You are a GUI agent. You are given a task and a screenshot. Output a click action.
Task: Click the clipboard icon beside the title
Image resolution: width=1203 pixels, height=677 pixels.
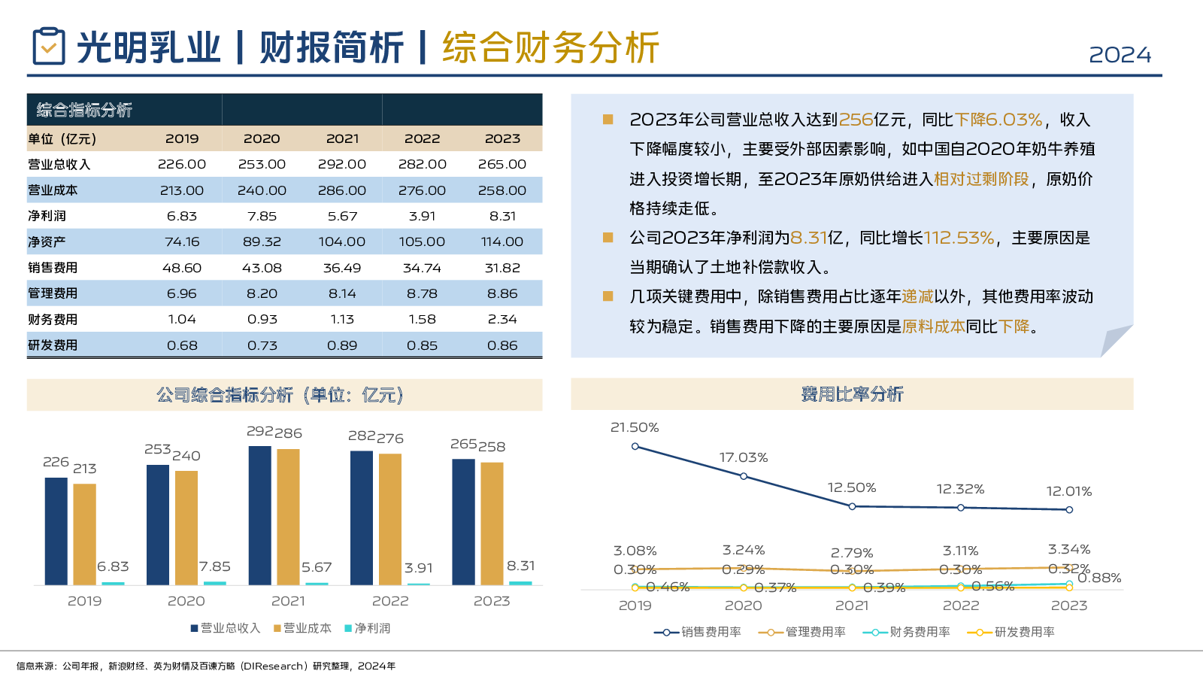49,47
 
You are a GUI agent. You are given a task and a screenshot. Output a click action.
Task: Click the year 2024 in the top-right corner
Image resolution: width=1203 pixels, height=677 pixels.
1120,55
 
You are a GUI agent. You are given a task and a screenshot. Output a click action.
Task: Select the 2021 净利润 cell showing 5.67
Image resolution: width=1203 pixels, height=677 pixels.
342,216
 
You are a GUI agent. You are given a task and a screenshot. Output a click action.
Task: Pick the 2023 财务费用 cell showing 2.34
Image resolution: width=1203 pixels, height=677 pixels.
502,319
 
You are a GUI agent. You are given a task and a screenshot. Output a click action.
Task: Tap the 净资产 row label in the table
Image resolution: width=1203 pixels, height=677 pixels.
47,241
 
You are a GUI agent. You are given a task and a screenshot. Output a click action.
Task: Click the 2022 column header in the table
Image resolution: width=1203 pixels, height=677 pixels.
422,138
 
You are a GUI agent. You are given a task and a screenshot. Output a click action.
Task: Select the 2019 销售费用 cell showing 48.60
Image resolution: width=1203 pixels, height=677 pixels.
182,268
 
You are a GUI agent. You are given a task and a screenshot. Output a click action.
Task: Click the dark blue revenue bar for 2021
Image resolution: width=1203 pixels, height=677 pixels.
260,515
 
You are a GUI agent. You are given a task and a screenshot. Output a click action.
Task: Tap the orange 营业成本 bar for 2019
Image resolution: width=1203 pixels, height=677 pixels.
85,534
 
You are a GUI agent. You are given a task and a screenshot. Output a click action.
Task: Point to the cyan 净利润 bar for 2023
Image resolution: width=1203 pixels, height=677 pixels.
520,583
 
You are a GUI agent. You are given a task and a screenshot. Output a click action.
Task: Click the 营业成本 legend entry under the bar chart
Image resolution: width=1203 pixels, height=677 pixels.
302,628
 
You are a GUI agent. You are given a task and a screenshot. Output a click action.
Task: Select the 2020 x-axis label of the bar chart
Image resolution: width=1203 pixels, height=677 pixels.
186,601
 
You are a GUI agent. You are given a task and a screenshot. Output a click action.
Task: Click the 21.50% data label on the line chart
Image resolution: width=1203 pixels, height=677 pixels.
635,427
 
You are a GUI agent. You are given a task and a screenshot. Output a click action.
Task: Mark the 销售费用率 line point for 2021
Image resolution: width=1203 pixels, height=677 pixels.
852,506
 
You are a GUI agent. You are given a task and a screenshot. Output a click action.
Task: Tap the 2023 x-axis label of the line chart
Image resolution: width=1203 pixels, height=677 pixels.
1068,606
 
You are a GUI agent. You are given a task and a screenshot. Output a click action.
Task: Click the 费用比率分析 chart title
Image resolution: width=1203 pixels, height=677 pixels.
852,394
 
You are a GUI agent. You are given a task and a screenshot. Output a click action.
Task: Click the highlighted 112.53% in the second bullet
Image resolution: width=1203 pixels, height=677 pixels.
959,238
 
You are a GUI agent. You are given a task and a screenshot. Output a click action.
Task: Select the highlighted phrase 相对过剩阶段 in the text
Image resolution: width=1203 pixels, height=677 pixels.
981,179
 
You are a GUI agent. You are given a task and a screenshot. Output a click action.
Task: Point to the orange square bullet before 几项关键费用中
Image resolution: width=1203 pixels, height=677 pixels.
608,296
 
